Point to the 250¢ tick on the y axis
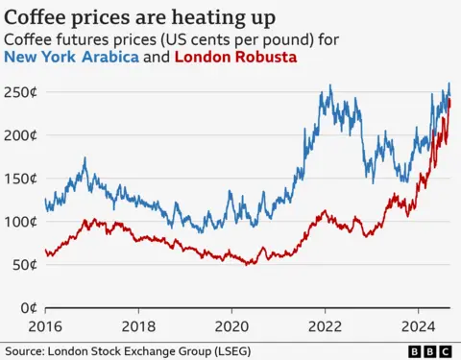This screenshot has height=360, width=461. coord(20,92)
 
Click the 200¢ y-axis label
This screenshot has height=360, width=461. coord(20,135)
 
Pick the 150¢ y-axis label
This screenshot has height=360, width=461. coord(20,179)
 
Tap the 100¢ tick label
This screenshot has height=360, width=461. coord(20,222)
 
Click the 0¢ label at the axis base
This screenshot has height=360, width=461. coord(27,308)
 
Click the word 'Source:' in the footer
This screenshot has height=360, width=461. coord(25,351)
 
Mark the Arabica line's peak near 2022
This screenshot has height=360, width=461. coord(330,85)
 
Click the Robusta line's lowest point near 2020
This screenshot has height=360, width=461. coord(249,264)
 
